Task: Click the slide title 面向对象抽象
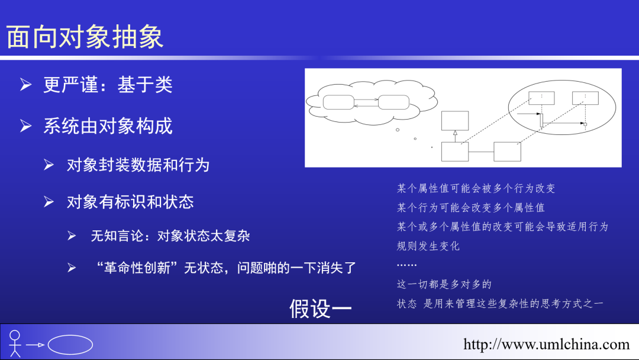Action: click(85, 37)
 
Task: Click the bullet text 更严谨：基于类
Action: click(108, 85)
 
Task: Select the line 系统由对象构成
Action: click(108, 126)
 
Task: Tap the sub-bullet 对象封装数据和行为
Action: click(138, 165)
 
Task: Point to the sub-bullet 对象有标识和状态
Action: click(130, 202)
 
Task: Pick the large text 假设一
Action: click(320, 308)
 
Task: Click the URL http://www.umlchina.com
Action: click(546, 344)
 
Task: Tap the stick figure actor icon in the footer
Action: click(15, 343)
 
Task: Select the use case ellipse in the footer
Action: click(70, 345)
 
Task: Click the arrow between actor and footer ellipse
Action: click(36, 345)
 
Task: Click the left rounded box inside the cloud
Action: click(338, 102)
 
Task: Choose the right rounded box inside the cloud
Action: click(393, 102)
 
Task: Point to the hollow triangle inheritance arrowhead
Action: click(454, 134)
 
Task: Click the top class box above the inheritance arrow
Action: click(454, 120)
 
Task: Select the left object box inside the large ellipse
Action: click(541, 98)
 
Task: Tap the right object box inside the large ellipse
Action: click(585, 98)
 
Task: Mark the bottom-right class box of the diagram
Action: click(507, 152)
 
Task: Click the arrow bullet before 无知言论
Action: click(72, 236)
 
